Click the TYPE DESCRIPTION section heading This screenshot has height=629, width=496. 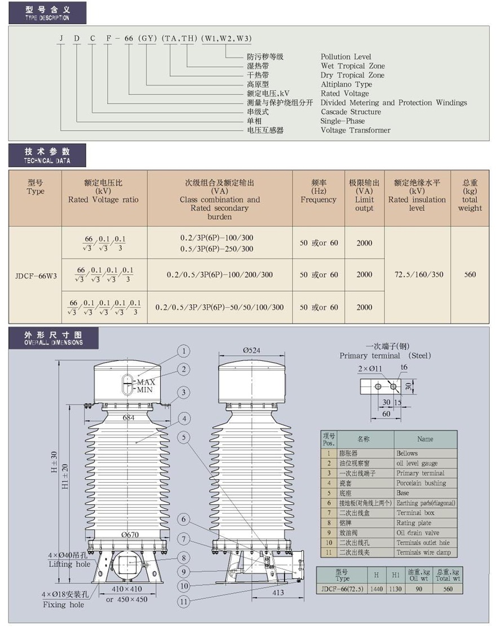tap(47, 14)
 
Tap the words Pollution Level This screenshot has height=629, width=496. tap(346, 56)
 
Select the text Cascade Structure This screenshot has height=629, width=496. tap(351, 112)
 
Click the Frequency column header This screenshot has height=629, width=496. tap(318, 191)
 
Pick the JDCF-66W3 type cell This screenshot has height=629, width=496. tap(36, 276)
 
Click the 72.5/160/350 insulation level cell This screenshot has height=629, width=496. tap(419, 274)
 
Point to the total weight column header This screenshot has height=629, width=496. tap(470, 195)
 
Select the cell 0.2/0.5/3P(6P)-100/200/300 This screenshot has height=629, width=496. tap(220, 275)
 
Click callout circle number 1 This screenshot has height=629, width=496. tap(184, 351)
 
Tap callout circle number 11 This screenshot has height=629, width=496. tap(184, 601)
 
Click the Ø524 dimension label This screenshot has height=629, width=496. tap(251, 350)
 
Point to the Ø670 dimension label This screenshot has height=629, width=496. tap(130, 535)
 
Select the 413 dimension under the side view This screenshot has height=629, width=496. tap(278, 592)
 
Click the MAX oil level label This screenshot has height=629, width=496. tap(146, 382)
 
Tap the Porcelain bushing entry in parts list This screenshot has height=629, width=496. tap(421, 483)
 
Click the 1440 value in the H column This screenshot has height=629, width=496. tap(377, 589)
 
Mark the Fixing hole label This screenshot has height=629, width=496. tap(64, 605)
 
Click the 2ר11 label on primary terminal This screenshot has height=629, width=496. tap(370, 369)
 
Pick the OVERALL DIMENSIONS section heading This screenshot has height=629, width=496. tap(54, 338)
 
